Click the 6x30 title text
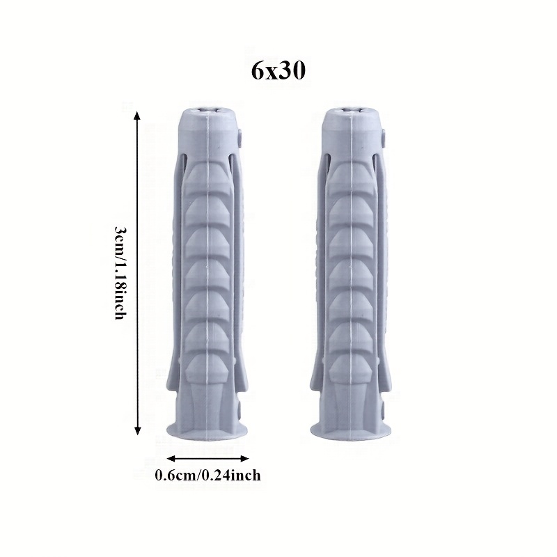coord(278,71)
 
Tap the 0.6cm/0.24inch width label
coord(207,476)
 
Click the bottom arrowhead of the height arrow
coord(138,431)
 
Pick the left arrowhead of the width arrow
coord(171,458)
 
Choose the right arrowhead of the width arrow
coord(244,458)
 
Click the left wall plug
coord(207,272)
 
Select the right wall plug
coord(352,272)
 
